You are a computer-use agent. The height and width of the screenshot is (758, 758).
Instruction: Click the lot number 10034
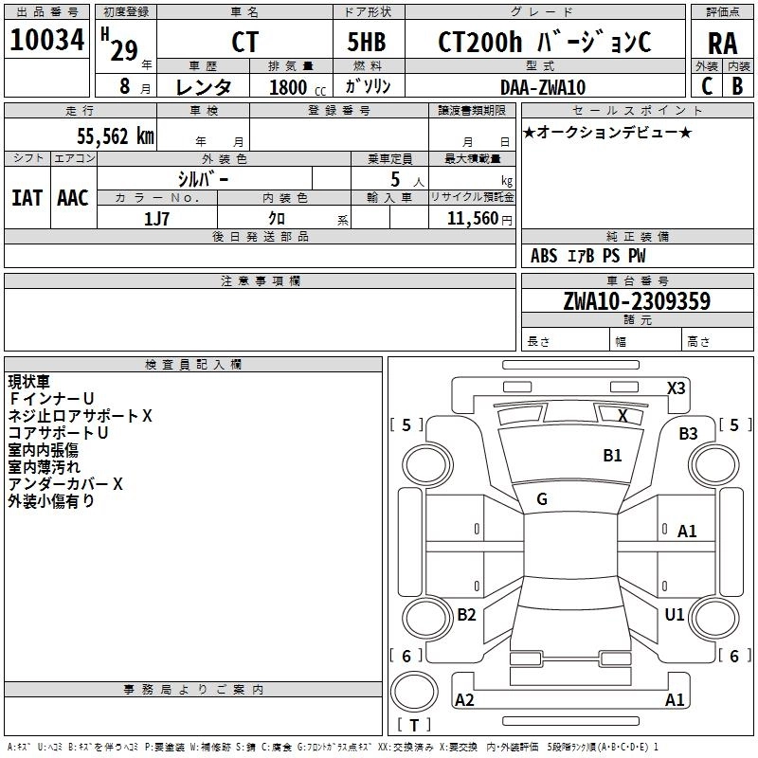coord(46,40)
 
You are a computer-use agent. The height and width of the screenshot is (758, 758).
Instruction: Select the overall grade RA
coord(723,44)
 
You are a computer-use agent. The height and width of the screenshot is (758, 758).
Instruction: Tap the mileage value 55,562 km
coord(116,136)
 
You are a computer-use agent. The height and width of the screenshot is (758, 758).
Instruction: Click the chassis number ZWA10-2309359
coord(637,301)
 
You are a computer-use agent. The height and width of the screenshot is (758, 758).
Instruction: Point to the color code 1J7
coord(156,219)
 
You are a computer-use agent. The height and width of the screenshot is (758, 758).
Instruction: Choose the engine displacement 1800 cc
coord(298,87)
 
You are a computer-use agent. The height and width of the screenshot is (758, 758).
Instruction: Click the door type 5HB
coord(367,42)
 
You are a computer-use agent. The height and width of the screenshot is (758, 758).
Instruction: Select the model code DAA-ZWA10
coord(543,87)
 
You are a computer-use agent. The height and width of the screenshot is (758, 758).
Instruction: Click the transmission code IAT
coord(27,198)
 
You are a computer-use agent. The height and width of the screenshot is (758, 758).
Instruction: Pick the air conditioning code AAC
coord(73,198)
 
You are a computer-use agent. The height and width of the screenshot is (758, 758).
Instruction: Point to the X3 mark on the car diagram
coord(676,388)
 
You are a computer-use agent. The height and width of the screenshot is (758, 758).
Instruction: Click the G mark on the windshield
coord(542,499)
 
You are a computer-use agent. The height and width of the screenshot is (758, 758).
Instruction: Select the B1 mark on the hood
coord(612,456)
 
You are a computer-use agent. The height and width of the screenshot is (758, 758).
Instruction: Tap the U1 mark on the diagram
coord(675,615)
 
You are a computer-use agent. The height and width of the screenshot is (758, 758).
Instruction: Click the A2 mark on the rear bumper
coord(464,700)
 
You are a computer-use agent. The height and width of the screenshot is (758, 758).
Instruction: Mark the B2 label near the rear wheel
coord(466,615)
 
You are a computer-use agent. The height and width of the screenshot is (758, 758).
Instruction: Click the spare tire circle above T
coord(414,692)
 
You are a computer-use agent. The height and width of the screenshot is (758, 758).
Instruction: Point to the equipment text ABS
coord(544,256)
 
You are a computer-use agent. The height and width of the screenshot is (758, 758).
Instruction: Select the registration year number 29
coord(124,50)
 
